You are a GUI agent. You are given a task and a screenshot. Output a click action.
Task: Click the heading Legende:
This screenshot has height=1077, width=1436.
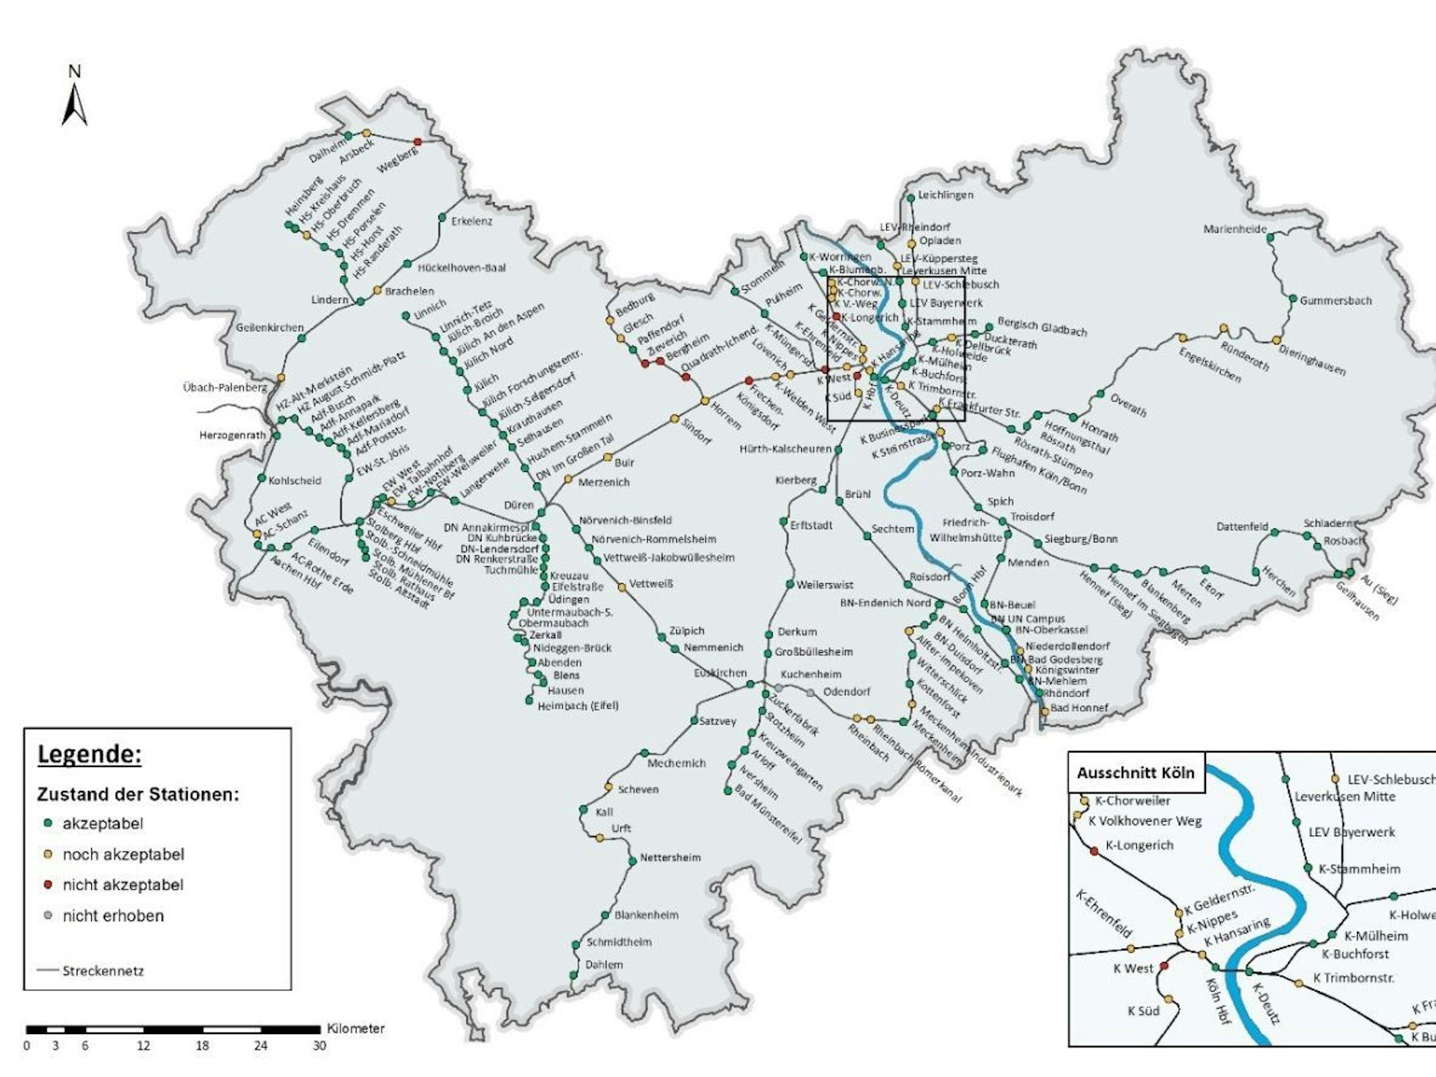point(90,755)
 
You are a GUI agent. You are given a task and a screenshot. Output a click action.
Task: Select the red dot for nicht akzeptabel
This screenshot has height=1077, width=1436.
point(48,884)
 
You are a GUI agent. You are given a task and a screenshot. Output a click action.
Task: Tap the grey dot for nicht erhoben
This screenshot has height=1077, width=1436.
point(48,915)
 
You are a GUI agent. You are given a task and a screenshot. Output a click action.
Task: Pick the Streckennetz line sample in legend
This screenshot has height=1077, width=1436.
point(48,970)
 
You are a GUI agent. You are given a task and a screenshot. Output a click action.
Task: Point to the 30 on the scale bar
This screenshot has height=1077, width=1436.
point(319,1046)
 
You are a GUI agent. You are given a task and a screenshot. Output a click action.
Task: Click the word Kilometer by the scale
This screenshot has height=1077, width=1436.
point(356,1029)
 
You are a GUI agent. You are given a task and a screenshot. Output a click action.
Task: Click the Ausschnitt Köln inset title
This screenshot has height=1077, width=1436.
point(1135,773)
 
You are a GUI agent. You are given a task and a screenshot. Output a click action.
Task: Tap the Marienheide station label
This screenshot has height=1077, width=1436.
point(1234,229)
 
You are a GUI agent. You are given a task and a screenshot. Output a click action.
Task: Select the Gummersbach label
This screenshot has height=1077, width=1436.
point(1336,301)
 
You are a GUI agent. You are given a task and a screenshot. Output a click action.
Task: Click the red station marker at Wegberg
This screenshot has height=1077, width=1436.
point(418,142)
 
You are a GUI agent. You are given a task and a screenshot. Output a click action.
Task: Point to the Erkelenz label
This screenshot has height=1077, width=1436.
point(472,221)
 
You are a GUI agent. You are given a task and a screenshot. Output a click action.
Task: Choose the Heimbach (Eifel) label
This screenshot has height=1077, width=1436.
point(577,706)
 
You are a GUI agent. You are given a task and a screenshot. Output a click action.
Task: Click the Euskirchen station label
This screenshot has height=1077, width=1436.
point(720,673)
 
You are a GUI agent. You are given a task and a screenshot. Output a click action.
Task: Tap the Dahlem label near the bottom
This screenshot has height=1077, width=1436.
point(603,965)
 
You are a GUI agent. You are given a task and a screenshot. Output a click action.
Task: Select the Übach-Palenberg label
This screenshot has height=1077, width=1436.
point(225,387)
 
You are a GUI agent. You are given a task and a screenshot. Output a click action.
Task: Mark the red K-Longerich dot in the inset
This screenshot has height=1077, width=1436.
point(1094,851)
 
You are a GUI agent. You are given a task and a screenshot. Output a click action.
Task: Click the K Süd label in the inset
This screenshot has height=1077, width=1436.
point(1143,1011)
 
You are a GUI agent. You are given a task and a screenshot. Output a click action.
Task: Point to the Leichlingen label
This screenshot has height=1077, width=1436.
point(945,195)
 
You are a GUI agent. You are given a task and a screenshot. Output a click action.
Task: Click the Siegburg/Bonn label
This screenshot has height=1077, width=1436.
point(1080,538)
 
